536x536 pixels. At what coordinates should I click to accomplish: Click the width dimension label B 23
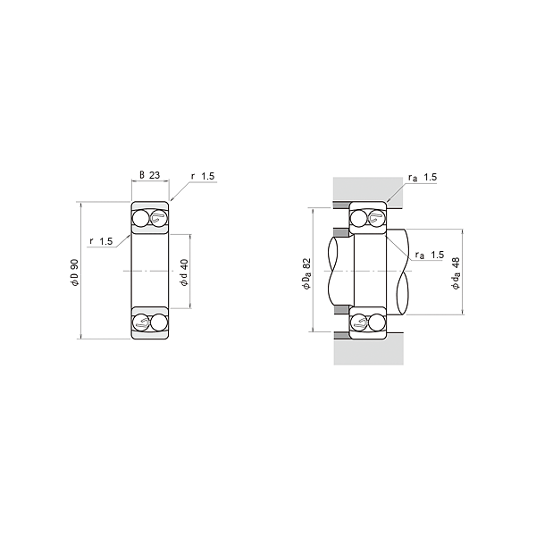point(150,175)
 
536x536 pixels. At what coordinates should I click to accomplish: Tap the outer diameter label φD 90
point(74,272)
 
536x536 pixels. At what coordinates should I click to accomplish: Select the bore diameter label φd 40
point(184,272)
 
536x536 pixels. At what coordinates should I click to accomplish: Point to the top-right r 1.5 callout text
point(203,176)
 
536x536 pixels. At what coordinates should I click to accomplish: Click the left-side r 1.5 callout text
point(101,241)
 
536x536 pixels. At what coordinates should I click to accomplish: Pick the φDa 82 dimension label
point(306,273)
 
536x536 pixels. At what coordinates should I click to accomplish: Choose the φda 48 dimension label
point(456,273)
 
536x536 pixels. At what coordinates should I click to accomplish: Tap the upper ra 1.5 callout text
point(423,178)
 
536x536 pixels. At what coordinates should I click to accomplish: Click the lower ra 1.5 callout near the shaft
point(430,255)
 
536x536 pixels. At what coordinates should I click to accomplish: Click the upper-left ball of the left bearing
point(141,219)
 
